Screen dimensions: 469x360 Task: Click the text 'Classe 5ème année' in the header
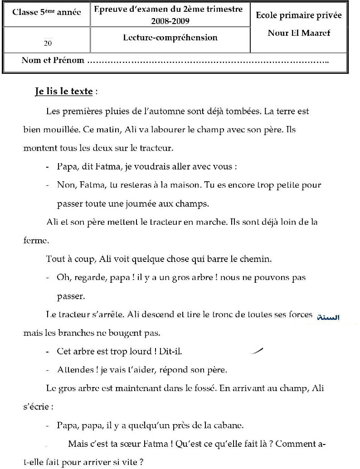[47, 12]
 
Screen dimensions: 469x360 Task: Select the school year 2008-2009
[170, 21]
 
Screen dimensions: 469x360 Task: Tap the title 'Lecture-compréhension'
[170, 38]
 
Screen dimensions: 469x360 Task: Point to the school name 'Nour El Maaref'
[299, 33]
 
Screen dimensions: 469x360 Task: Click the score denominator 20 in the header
[48, 44]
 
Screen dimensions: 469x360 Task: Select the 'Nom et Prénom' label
[53, 60]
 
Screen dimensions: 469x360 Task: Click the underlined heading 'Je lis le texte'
[64, 92]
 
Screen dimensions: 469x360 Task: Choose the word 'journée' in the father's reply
[141, 204]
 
